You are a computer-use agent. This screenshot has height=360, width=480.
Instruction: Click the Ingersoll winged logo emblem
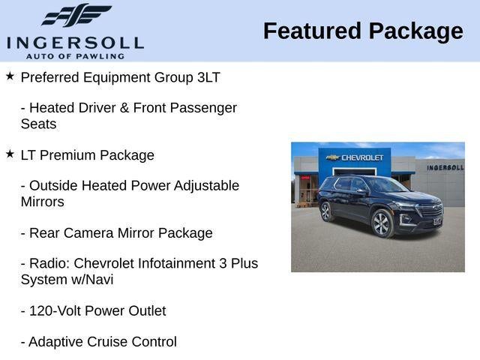coord(75,15)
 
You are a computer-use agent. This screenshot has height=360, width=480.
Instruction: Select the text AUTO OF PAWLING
coord(75,55)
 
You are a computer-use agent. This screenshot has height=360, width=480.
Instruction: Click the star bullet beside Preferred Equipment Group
coord(10,76)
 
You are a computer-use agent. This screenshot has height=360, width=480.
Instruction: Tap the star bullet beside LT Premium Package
coord(10,154)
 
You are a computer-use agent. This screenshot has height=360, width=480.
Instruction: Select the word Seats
coord(38,124)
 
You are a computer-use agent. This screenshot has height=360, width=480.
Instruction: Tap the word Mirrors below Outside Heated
coord(42,202)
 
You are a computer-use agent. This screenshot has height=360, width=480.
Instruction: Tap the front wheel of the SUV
coord(382,223)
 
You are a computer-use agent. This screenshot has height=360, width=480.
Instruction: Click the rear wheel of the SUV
coord(326,211)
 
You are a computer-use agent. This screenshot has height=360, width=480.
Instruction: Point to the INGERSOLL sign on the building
coord(445,167)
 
